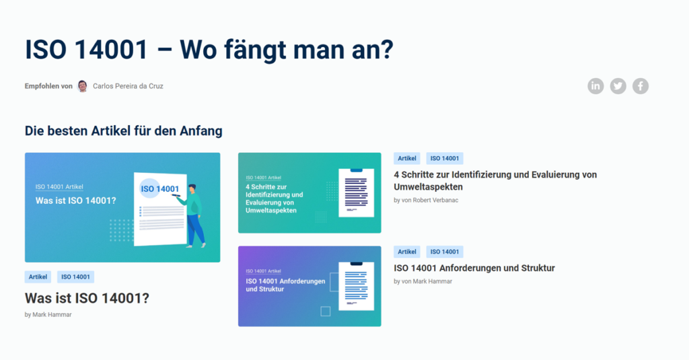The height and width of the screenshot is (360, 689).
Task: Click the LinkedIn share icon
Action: tap(595, 86)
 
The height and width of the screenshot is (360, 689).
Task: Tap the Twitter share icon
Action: tap(618, 86)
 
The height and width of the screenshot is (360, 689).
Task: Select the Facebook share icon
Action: tap(641, 86)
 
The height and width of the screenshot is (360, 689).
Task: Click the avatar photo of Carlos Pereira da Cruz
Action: tap(83, 86)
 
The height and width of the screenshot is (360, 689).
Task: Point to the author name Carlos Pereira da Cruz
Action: tap(128, 86)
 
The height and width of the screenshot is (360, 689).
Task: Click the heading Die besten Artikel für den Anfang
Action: tap(124, 131)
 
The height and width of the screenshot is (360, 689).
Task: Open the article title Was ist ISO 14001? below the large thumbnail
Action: tap(87, 298)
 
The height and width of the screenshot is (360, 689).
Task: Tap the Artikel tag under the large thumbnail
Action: tap(38, 277)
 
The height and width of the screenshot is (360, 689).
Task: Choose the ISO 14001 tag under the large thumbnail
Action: tap(75, 277)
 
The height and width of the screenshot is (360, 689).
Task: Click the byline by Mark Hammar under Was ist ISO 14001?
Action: tap(48, 315)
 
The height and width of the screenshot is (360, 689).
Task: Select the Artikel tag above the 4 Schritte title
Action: tap(407, 158)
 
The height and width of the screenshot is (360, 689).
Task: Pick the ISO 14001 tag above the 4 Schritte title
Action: tap(445, 158)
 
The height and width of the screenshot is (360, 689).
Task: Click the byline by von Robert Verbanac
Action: tap(426, 200)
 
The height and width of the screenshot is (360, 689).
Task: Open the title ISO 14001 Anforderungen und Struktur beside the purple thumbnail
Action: tap(474, 268)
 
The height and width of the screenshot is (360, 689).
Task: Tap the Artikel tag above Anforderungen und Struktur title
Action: tap(407, 252)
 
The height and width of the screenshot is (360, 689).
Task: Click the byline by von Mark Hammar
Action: tap(423, 281)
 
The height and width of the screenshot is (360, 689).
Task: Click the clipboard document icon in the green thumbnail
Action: tap(356, 192)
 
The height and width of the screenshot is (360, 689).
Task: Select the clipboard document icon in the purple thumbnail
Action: tap(356, 286)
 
